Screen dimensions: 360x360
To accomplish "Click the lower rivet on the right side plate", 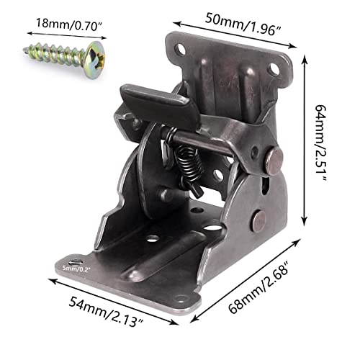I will coord(259,220).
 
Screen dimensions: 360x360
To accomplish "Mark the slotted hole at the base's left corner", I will coord(74,261).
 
